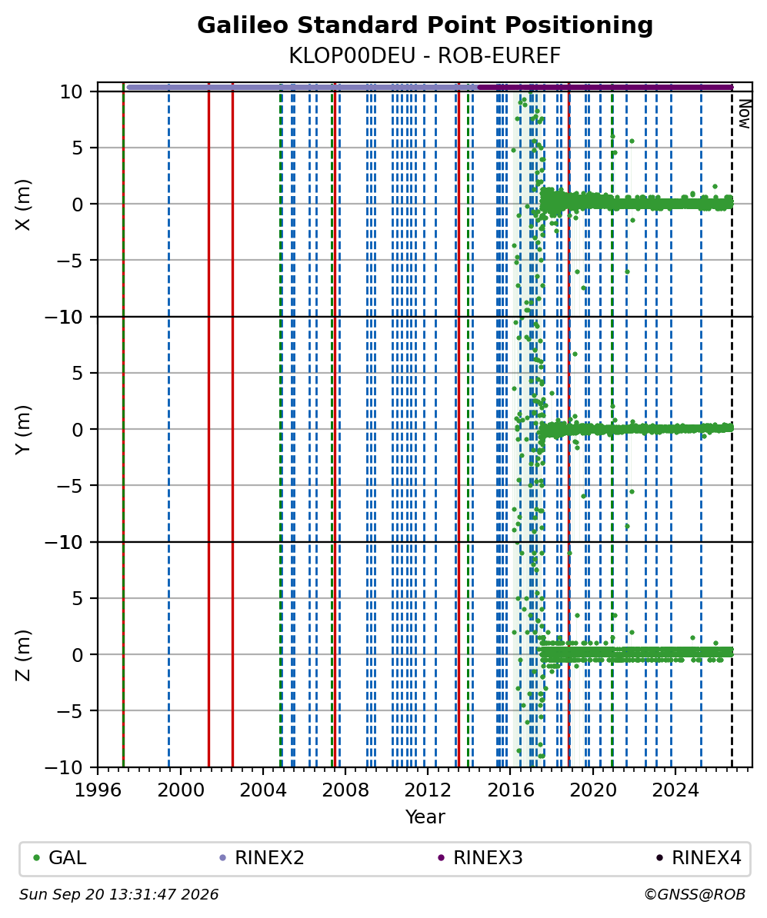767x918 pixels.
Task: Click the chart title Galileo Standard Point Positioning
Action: coord(425,26)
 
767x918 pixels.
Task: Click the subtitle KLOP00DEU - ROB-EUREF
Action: coord(425,55)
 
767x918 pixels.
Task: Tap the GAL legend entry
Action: coord(60,858)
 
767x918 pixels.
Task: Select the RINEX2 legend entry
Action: coord(262,858)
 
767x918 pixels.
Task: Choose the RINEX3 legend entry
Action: coord(481,858)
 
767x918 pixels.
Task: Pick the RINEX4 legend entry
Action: coord(699,858)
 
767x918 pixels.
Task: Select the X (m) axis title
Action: coord(23,205)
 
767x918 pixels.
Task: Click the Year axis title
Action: coord(425,817)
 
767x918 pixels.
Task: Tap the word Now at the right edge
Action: coord(744,114)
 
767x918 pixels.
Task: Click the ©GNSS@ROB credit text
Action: coord(695,895)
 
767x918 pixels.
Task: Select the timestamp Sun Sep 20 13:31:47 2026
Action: coord(119,895)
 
